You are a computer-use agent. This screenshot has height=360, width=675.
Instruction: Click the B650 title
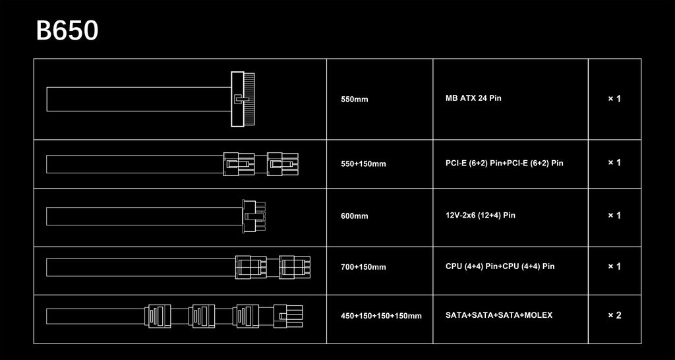[67, 31]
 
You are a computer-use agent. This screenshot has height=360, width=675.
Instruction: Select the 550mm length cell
[354, 100]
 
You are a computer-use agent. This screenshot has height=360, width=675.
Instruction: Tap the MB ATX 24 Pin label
[473, 98]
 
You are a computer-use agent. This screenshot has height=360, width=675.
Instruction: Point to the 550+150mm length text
[363, 164]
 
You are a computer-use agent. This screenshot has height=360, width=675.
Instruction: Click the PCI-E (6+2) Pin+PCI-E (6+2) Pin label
[504, 164]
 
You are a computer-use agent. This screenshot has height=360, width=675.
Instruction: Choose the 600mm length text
[354, 216]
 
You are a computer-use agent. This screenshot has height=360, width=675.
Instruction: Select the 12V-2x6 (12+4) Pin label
[481, 215]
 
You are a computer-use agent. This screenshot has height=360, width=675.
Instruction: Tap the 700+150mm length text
[363, 267]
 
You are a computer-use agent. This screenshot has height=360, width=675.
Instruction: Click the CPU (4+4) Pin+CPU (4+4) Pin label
[500, 266]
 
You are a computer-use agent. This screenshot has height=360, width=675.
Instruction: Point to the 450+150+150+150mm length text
[381, 316]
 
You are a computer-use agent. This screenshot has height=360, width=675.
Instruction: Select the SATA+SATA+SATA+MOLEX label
[499, 315]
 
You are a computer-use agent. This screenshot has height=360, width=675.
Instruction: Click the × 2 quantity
[614, 315]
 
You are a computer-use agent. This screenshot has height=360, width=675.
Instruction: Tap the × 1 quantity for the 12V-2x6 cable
[614, 216]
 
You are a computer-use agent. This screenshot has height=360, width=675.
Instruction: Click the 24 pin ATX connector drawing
[243, 99]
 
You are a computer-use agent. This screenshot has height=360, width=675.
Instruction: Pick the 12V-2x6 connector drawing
[254, 216]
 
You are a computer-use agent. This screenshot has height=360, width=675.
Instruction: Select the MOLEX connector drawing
[288, 316]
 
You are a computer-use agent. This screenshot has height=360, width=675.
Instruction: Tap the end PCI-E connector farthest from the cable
[282, 164]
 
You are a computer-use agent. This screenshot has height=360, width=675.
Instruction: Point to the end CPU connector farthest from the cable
[295, 267]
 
